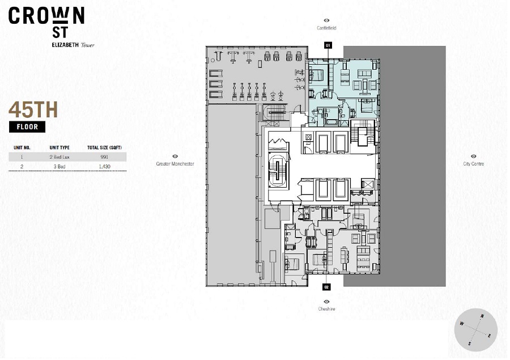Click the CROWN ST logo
pyautogui.click(x=46, y=22)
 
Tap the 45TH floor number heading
pyautogui.click(x=33, y=110)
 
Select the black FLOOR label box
pyautogui.click(x=27, y=127)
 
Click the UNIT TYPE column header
pyautogui.click(x=59, y=147)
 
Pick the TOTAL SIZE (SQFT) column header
pyautogui.click(x=104, y=147)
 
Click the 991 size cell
pyautogui.click(x=104, y=157)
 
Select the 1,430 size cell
pyautogui.click(x=104, y=167)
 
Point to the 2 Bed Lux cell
pyautogui.click(x=59, y=157)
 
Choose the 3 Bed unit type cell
pyautogui.click(x=59, y=167)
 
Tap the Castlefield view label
pyautogui.click(x=326, y=28)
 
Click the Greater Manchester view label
pyautogui.click(x=175, y=164)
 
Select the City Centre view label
pyautogui.click(x=474, y=164)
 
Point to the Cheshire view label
pyautogui.click(x=326, y=309)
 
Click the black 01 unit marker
pyautogui.click(x=328, y=45)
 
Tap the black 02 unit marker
pyautogui.click(x=326, y=287)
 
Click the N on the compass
pyautogui.click(x=482, y=316)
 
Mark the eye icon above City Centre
pyautogui.click(x=474, y=156)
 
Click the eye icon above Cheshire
pyautogui.click(x=326, y=302)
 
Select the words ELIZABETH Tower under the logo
pyautogui.click(x=73, y=45)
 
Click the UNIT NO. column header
pyautogui.click(x=22, y=147)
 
